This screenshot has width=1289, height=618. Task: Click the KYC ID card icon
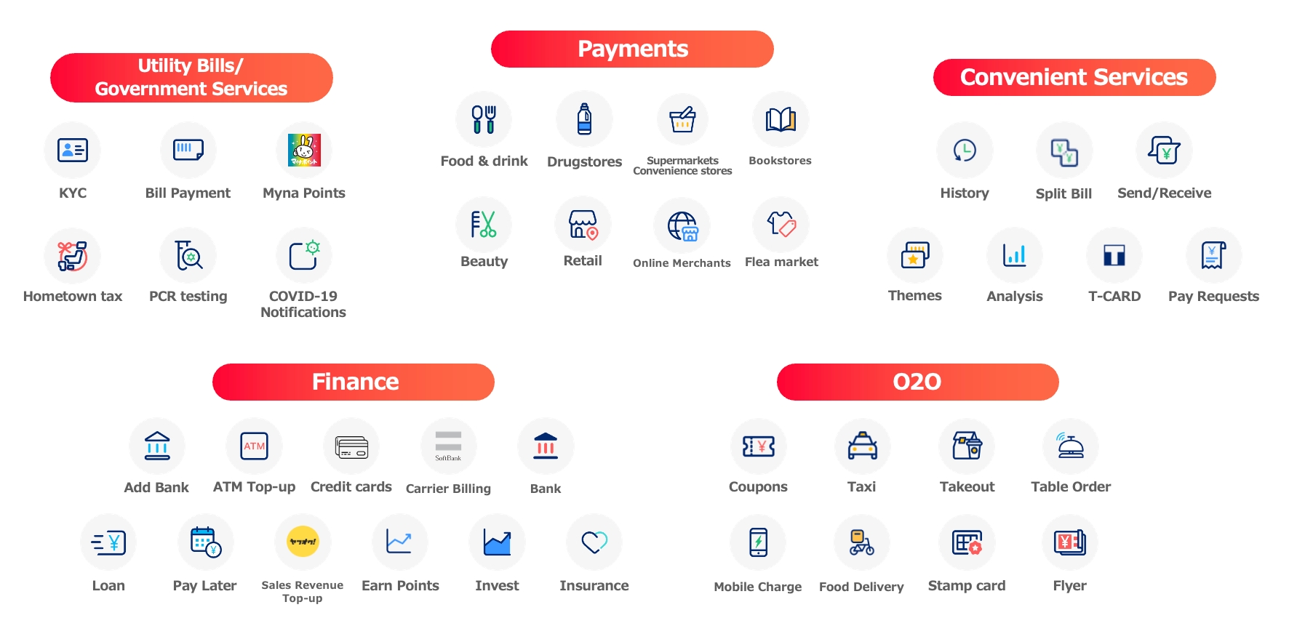point(73,151)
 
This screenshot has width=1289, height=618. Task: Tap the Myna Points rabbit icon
point(304,151)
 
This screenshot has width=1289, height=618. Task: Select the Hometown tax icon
point(73,256)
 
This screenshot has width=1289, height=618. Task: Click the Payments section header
point(632,49)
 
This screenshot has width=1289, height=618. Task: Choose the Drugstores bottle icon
point(584,119)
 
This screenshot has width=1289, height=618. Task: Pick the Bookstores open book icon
point(781,119)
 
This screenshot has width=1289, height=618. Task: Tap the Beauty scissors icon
point(484,225)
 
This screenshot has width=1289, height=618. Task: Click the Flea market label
point(781,262)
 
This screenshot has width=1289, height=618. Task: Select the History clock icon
point(965,151)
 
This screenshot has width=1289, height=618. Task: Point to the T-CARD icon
point(1114,255)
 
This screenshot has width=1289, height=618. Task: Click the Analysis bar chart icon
point(1014,255)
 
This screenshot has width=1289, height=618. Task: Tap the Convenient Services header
point(1074,78)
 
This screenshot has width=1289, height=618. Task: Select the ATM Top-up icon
point(254,446)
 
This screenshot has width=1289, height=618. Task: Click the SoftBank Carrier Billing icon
point(448,446)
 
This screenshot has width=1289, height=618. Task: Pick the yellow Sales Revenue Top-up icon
point(303,542)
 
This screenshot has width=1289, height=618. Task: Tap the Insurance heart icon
point(594,542)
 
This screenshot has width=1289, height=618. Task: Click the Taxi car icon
point(862,446)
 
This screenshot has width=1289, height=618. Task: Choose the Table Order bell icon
point(1070,446)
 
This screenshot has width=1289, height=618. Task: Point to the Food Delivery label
point(861,587)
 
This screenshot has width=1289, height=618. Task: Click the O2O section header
point(917,382)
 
